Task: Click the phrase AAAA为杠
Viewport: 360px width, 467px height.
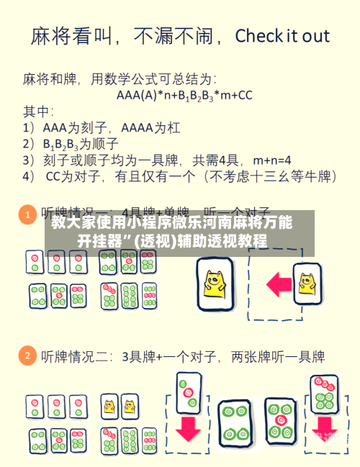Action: (x=153, y=128)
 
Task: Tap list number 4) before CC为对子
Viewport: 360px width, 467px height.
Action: (x=29, y=175)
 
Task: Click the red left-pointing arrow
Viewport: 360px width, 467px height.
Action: (x=268, y=283)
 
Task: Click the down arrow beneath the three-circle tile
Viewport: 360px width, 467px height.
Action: (x=188, y=428)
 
